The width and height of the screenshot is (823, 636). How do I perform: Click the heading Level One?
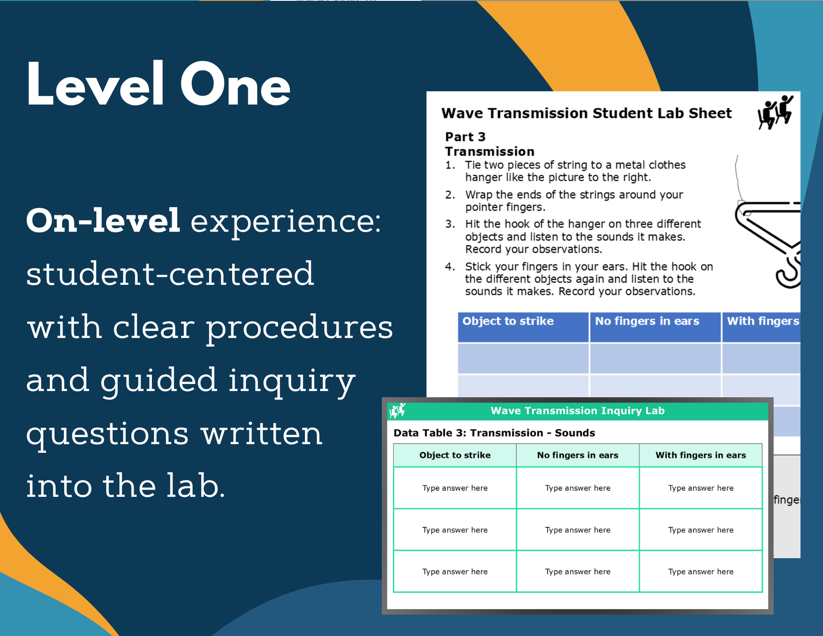[158, 84]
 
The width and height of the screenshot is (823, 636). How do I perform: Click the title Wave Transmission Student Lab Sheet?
[586, 113]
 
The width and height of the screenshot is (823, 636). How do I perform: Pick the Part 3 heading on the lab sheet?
[465, 137]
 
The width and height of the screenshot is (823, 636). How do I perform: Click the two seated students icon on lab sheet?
[776, 112]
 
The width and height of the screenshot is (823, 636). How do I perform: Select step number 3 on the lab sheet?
[450, 224]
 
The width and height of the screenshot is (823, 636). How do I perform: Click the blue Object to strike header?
[523, 327]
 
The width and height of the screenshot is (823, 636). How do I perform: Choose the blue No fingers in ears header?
[655, 327]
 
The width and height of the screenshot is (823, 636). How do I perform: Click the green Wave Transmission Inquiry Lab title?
[577, 411]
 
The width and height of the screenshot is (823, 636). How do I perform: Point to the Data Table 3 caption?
[494, 433]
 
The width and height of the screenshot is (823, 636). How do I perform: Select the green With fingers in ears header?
[700, 455]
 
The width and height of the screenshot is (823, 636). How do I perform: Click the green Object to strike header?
[455, 455]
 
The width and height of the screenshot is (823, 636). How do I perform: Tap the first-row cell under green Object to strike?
[455, 488]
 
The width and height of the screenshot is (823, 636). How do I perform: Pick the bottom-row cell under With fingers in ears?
[700, 571]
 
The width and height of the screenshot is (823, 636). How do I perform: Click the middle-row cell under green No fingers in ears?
[578, 530]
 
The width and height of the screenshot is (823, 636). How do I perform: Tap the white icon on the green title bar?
[398, 410]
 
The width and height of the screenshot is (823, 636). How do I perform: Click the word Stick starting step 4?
[478, 267]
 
